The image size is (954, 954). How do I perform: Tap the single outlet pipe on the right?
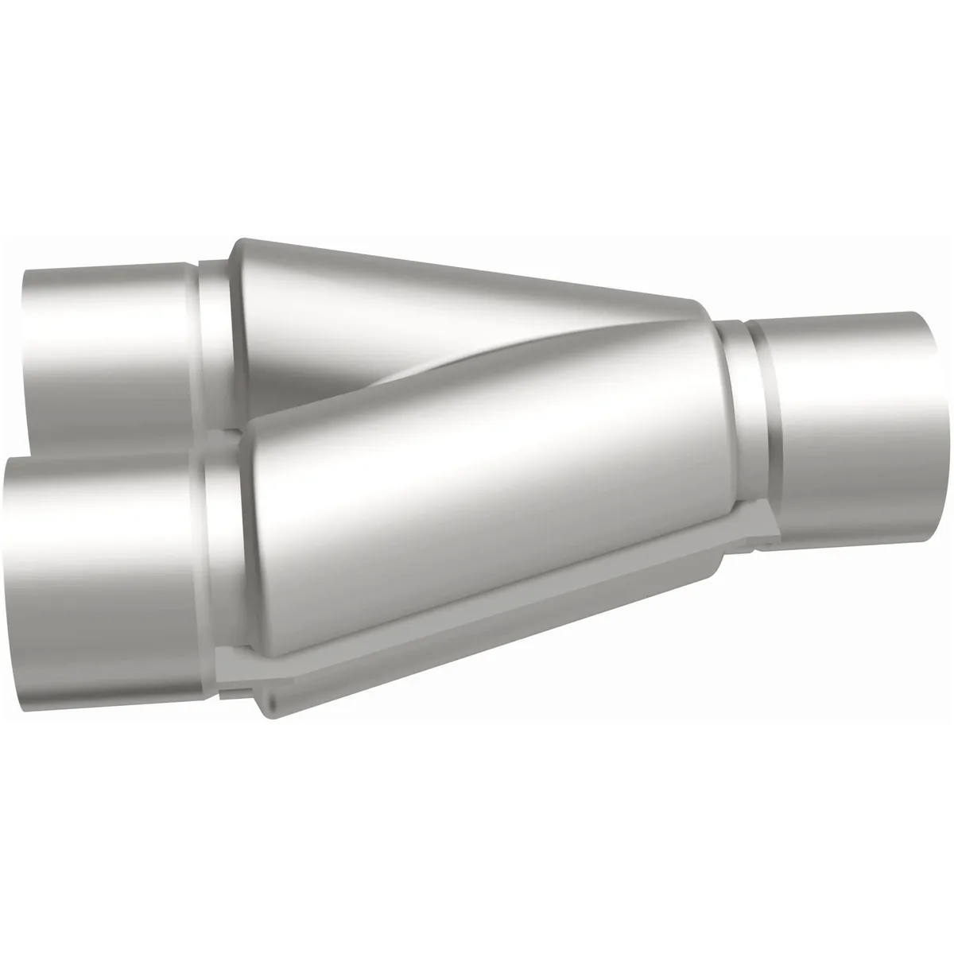tap(851, 421)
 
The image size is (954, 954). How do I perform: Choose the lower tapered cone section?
tap(477, 509)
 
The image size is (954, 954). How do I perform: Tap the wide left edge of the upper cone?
tap(236, 318)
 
